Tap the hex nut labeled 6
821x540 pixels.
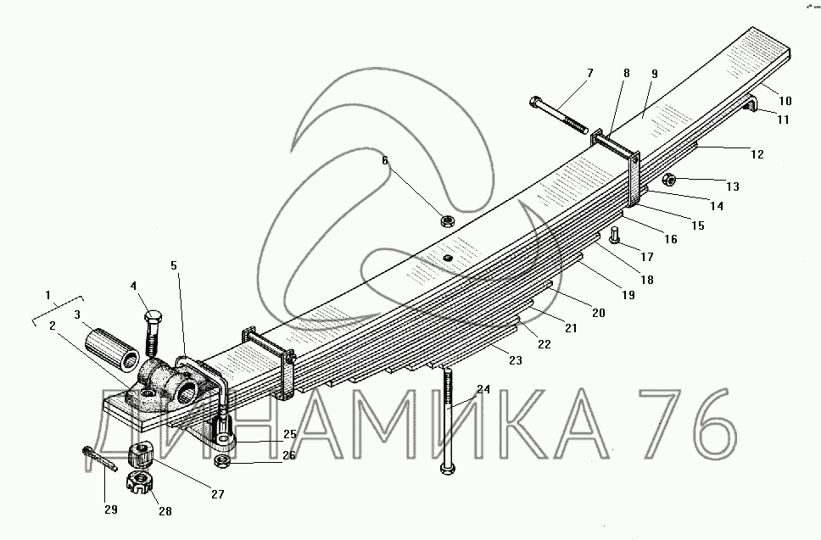pyautogui.click(x=446, y=221)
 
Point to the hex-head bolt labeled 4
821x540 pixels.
pyautogui.click(x=153, y=334)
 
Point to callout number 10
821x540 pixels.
pyautogui.click(x=785, y=101)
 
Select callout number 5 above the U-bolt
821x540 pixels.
pyautogui.click(x=174, y=265)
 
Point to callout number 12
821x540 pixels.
pyautogui.click(x=757, y=154)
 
